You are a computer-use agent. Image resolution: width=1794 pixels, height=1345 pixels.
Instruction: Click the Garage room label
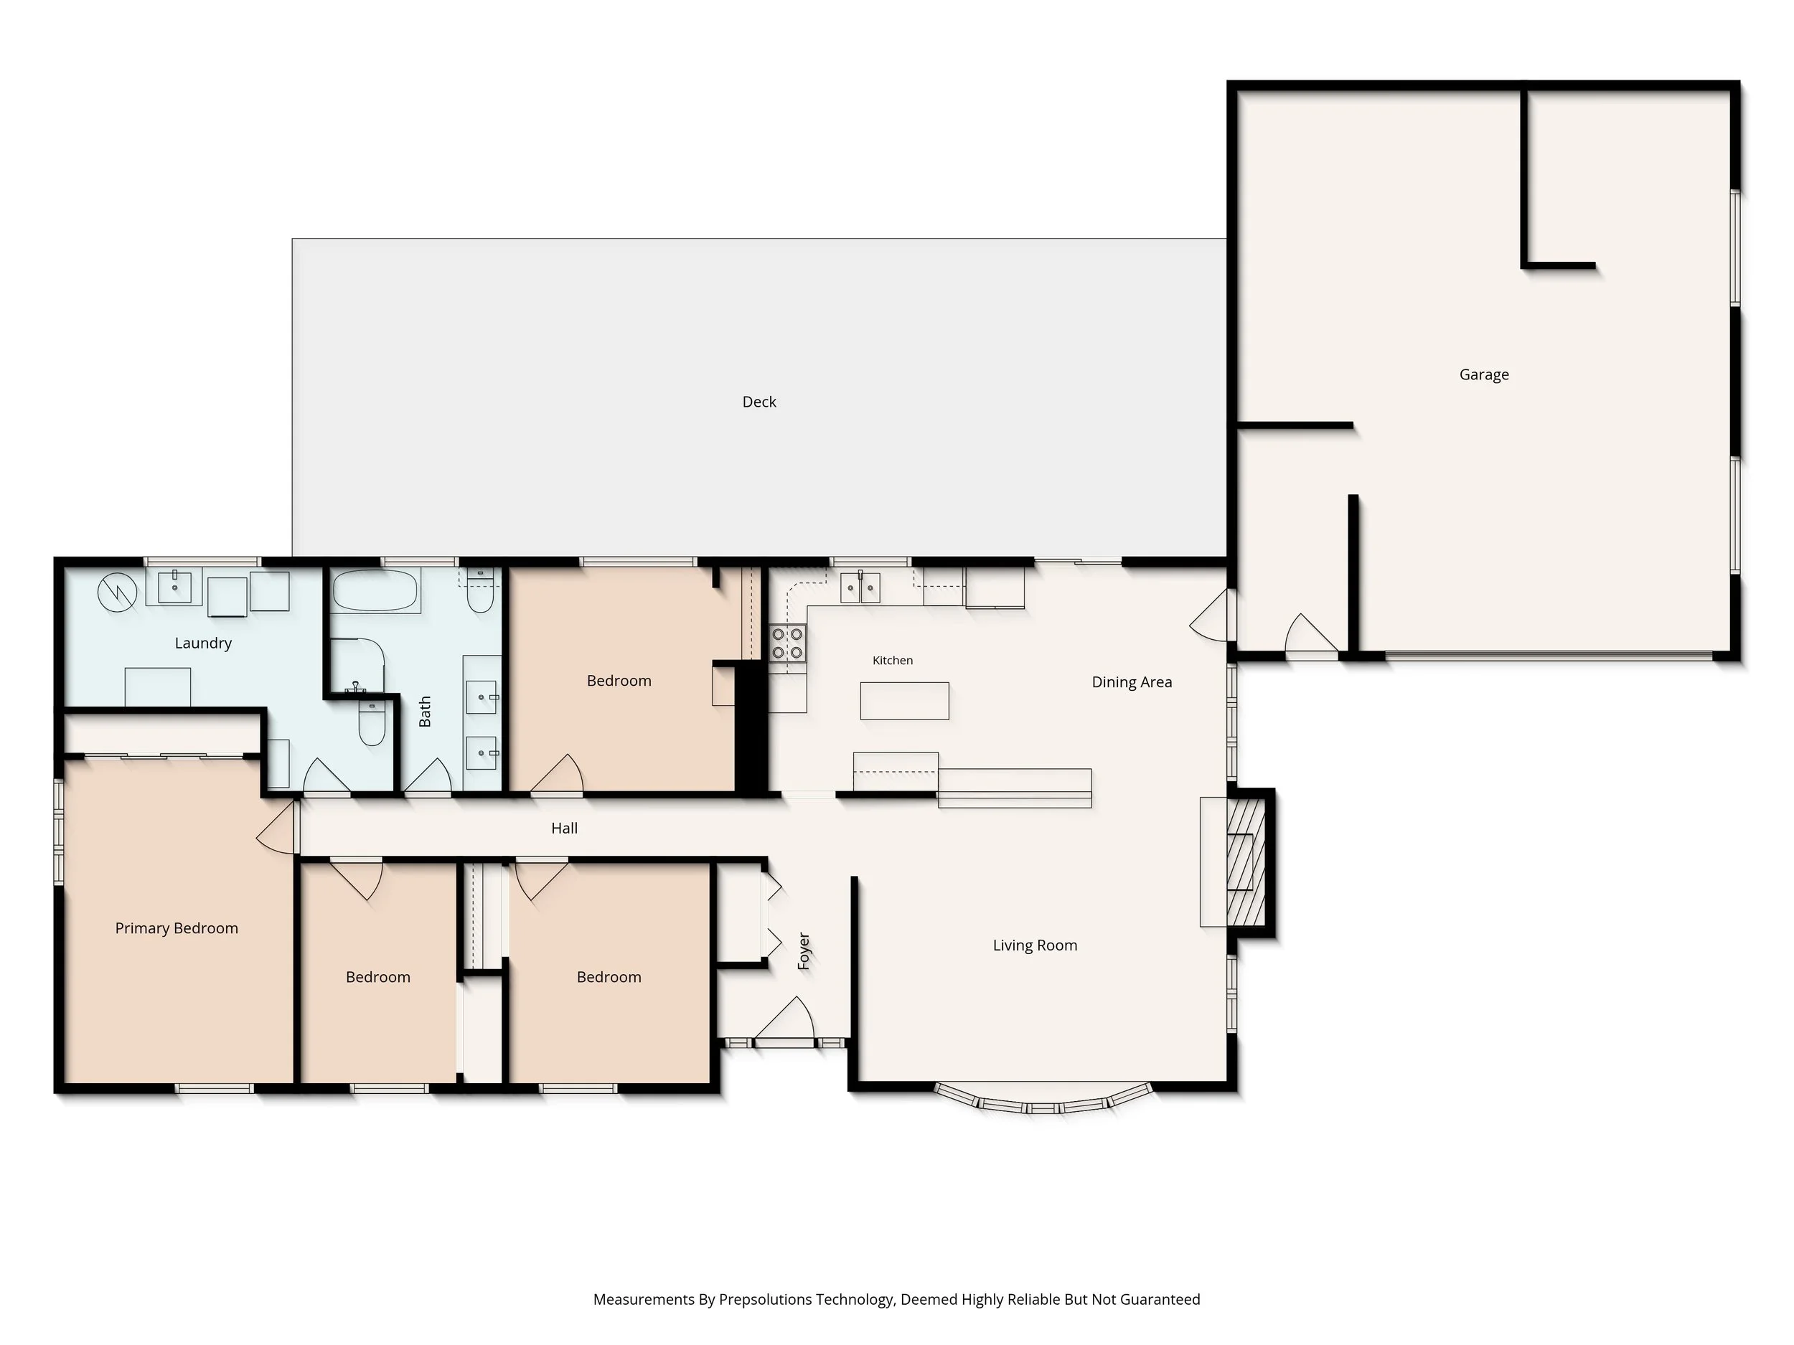pyautogui.click(x=1483, y=374)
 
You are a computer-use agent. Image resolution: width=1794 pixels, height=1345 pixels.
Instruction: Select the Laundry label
pyautogui.click(x=203, y=643)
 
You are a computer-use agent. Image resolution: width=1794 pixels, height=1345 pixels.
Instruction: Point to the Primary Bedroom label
pyautogui.click(x=177, y=928)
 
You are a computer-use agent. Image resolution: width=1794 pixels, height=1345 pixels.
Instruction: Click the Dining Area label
pyautogui.click(x=1132, y=681)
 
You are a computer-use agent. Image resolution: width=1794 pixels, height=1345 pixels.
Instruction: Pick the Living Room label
pyautogui.click(x=1035, y=945)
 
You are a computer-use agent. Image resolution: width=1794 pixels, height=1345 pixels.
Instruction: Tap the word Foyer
pyautogui.click(x=804, y=951)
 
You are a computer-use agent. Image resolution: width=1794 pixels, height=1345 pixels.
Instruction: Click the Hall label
pyautogui.click(x=565, y=828)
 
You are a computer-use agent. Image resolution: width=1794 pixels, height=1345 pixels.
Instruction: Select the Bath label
pyautogui.click(x=424, y=711)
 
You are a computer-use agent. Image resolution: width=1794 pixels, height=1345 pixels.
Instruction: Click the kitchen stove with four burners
pyautogui.click(x=787, y=643)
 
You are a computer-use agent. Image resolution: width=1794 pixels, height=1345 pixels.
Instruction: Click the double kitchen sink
pyautogui.click(x=860, y=587)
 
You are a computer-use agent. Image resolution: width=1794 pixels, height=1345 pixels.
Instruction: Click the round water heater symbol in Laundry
pyautogui.click(x=118, y=593)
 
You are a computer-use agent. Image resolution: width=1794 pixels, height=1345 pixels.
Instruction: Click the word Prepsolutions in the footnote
pyautogui.click(x=766, y=1300)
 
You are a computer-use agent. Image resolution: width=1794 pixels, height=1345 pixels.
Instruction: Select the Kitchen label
pyautogui.click(x=892, y=661)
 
